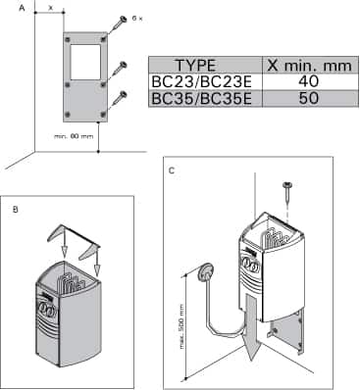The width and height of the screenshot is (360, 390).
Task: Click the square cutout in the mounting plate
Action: (x=85, y=60)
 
